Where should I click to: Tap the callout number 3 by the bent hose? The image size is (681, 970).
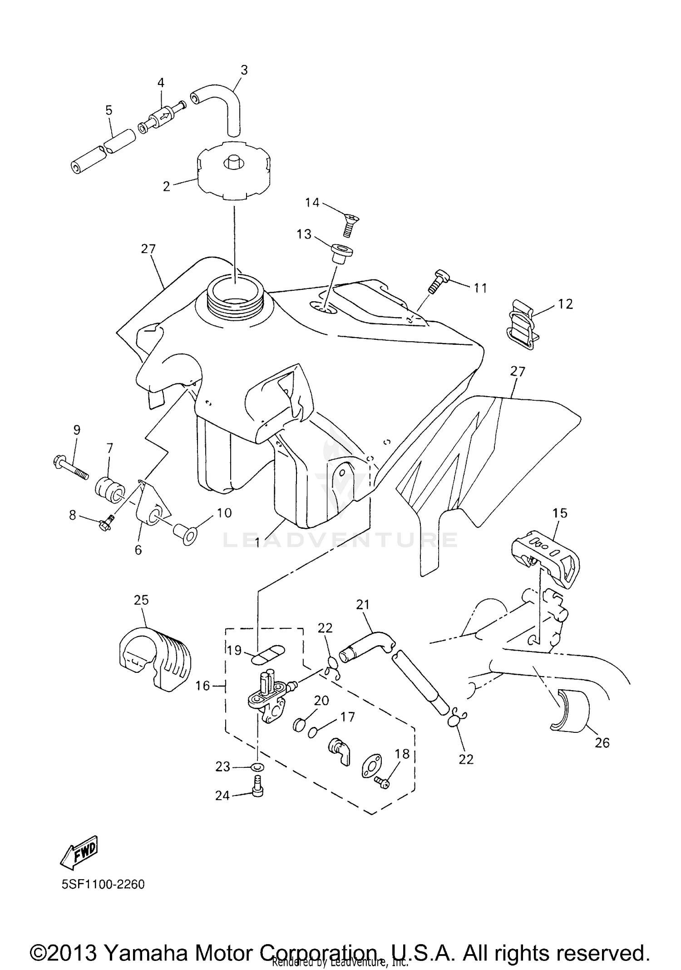tap(244, 70)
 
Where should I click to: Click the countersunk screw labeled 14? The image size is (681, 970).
tap(348, 225)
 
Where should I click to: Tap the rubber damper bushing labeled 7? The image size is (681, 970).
tap(109, 488)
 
